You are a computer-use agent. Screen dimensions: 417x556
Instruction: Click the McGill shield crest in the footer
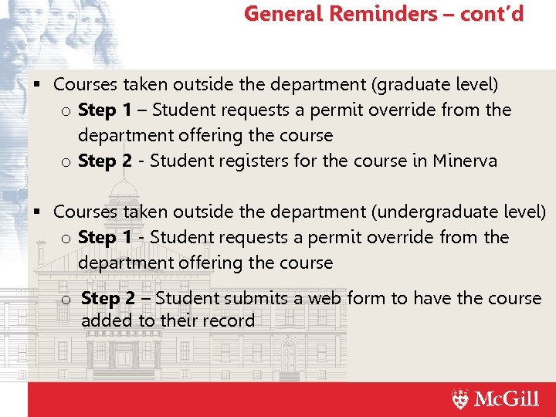click(x=460, y=399)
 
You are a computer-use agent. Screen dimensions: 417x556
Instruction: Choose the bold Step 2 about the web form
click(x=108, y=298)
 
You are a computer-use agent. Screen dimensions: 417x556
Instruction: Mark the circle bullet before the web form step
click(x=66, y=300)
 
